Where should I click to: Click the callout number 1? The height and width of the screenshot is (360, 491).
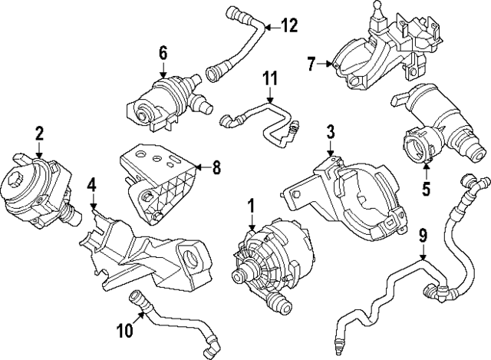251,206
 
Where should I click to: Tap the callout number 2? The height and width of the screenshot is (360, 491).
38,135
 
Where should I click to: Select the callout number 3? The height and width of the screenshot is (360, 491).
330,131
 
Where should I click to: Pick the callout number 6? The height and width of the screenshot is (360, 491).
163,52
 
